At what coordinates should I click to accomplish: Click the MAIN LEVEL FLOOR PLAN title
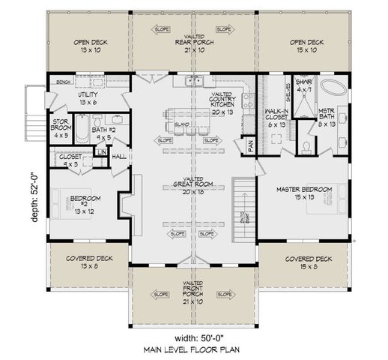[x=194, y=349]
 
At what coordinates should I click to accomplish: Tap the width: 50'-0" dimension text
[x=194, y=335]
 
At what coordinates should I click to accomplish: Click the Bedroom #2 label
[x=80, y=203]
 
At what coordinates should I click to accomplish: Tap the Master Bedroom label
[x=303, y=193]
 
